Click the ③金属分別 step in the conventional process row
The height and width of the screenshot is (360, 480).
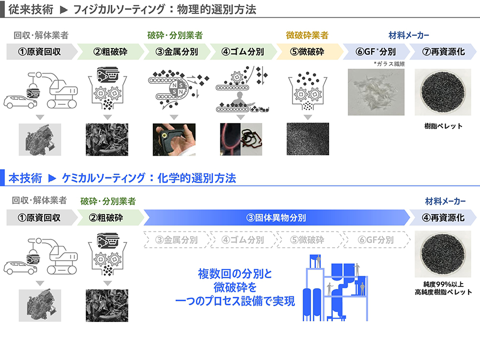(x=177, y=52)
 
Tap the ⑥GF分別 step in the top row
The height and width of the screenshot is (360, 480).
(x=376, y=52)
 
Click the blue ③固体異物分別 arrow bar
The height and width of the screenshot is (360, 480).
(x=277, y=217)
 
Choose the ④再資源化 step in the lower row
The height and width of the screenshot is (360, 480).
(x=443, y=217)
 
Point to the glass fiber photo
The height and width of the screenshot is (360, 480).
(x=376, y=92)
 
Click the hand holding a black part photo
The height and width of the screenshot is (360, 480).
(x=174, y=140)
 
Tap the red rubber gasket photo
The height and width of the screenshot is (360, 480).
(x=241, y=140)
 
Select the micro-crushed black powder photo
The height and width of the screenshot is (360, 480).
(x=308, y=139)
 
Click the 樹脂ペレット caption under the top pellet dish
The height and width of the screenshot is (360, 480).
(x=443, y=126)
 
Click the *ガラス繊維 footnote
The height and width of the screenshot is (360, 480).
(x=389, y=64)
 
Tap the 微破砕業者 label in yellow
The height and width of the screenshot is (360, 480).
(x=307, y=35)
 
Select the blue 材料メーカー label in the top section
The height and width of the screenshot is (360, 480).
(x=408, y=35)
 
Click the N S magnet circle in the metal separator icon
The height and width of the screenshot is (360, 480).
(x=177, y=89)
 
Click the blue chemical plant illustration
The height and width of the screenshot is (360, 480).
(x=335, y=288)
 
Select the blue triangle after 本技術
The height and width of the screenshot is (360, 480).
(x=52, y=178)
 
